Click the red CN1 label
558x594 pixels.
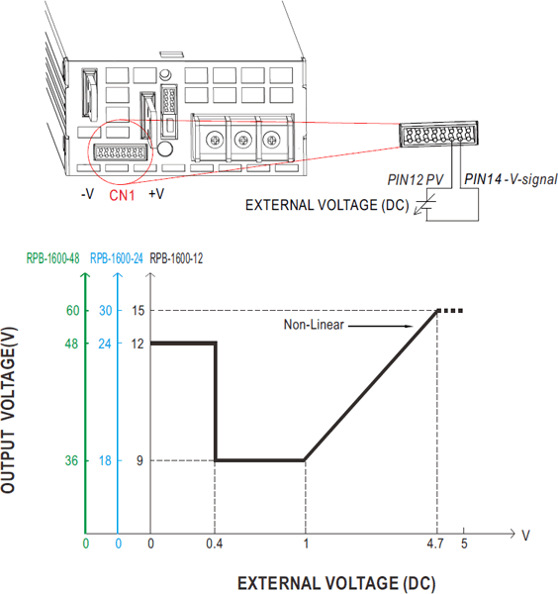(x=122, y=195)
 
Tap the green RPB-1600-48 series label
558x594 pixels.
(x=52, y=258)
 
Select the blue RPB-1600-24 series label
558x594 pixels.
(x=116, y=258)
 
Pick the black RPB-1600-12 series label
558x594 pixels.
(x=176, y=258)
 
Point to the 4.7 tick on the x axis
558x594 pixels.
(x=435, y=544)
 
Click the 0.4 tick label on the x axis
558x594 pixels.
(x=215, y=544)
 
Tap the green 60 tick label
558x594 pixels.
(x=72, y=311)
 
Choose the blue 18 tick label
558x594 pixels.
(x=105, y=460)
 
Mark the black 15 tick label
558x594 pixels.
(x=139, y=311)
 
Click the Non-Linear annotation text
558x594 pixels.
(x=314, y=325)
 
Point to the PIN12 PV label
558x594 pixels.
(x=415, y=179)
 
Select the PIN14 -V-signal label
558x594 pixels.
(x=511, y=179)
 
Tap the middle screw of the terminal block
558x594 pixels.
(x=243, y=140)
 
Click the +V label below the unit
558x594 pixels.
(x=156, y=194)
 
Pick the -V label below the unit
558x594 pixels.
(x=87, y=194)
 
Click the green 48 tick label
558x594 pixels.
(x=72, y=344)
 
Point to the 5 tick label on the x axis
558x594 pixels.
(x=464, y=544)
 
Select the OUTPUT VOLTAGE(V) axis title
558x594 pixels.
(x=8, y=410)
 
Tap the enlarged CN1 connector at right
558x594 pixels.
(x=438, y=134)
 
